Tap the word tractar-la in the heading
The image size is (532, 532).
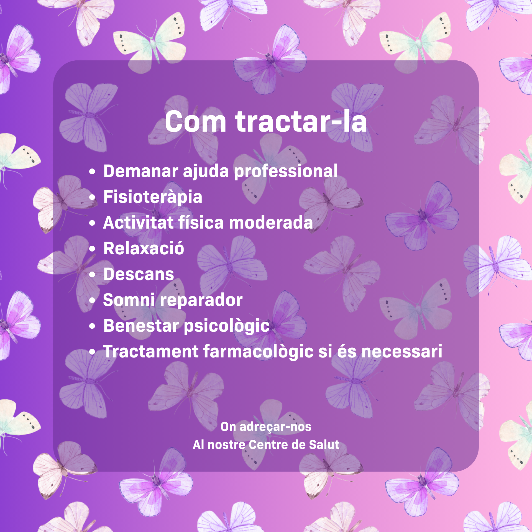pos(301,121)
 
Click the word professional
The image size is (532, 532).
pos(286,172)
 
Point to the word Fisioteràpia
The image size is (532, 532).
pos(153,197)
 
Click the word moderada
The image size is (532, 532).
pos(271,222)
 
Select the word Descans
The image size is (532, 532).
pos(139,274)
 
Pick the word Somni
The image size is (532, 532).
pos(129,300)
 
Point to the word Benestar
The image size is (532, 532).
pos(141,326)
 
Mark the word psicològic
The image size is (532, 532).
pos(227,326)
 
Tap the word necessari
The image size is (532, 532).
pos(402,352)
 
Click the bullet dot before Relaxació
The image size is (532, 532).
pos(92,249)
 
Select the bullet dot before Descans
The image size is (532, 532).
pos(92,275)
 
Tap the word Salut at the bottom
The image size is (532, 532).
pos(324,445)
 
